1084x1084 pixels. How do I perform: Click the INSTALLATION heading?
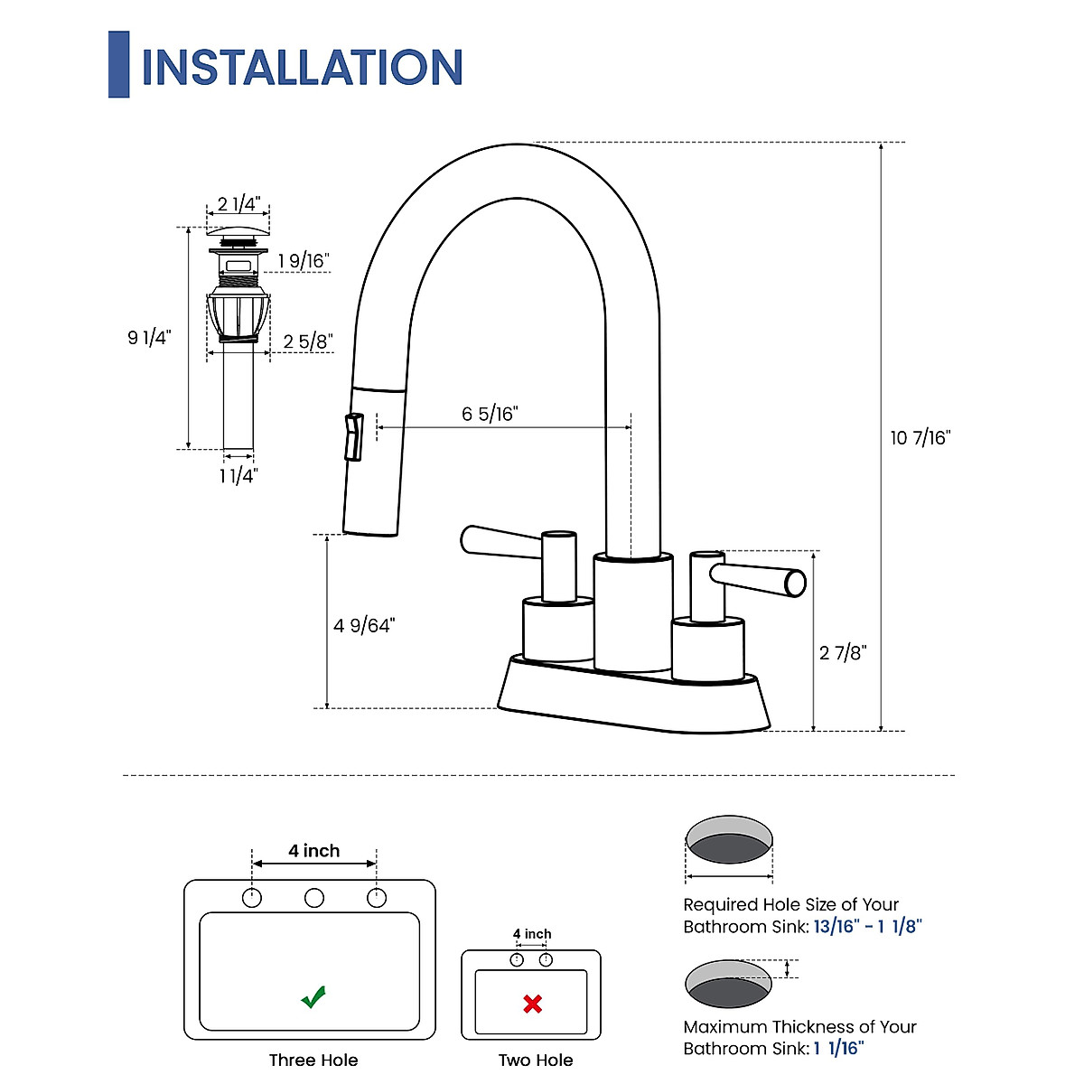[x=302, y=67]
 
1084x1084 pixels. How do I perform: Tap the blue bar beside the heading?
[x=118, y=64]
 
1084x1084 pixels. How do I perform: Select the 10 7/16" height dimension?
[x=920, y=438]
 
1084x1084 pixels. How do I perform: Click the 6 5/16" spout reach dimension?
[x=490, y=414]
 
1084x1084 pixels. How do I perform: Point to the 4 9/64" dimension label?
[x=364, y=625]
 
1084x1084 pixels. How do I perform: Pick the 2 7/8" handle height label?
[x=843, y=652]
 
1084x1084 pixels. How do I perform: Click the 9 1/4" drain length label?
[x=149, y=338]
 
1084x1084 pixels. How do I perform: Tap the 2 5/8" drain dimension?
[x=308, y=341]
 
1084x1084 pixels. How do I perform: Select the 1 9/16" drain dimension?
[x=304, y=261]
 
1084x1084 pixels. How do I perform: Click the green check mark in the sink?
[x=313, y=997]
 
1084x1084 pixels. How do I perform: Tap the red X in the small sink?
[x=533, y=1004]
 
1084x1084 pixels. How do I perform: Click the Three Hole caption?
[x=313, y=1060]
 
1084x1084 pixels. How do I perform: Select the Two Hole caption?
[x=536, y=1060]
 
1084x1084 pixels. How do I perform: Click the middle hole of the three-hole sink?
[x=314, y=898]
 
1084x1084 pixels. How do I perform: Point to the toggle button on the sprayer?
[x=352, y=436]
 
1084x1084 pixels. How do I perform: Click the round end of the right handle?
[x=795, y=584]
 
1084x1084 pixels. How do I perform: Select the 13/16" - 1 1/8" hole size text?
[x=867, y=927]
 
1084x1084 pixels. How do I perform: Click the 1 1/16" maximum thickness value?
[x=839, y=1049]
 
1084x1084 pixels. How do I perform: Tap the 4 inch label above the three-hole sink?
[x=314, y=851]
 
